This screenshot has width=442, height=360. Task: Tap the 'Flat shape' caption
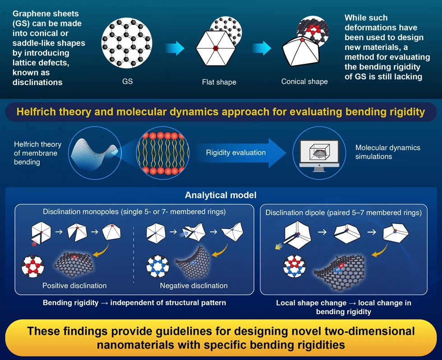[x=219, y=82]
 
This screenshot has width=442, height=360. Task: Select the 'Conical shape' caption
[x=304, y=82]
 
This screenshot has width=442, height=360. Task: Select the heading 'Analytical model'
[x=221, y=196]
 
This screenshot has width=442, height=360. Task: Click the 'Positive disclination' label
[x=74, y=286]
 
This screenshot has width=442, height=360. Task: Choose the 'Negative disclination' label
[x=193, y=286]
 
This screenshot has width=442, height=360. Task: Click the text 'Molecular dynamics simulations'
[x=387, y=152]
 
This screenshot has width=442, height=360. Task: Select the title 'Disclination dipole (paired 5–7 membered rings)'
[x=343, y=213]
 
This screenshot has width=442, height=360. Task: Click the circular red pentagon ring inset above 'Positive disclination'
[x=33, y=266]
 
